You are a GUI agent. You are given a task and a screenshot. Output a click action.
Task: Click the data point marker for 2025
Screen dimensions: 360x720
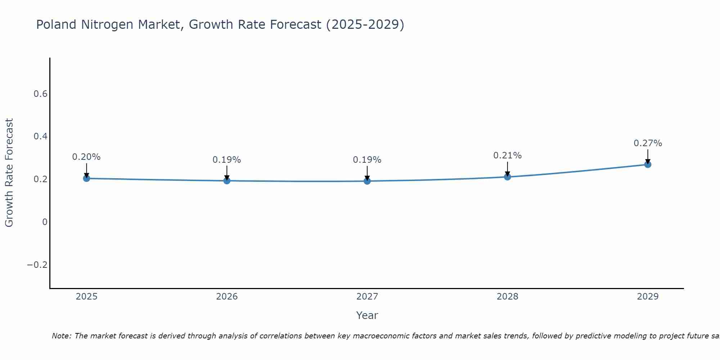pos(86,178)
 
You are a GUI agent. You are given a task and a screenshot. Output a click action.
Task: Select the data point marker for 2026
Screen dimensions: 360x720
pos(227,180)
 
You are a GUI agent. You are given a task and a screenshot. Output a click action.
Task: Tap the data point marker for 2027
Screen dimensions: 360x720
pos(367,181)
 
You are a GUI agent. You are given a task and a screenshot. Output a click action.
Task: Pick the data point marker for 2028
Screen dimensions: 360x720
pos(507,177)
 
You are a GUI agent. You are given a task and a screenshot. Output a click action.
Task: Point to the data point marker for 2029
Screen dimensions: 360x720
pos(648,165)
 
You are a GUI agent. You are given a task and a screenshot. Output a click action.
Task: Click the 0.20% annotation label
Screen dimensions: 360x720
pos(86,157)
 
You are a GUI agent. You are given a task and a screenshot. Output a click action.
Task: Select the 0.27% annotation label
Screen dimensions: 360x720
pos(648,143)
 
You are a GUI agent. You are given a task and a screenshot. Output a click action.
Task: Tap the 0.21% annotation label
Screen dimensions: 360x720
pos(507,156)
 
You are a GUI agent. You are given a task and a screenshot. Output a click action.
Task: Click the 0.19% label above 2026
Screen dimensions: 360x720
pos(227,160)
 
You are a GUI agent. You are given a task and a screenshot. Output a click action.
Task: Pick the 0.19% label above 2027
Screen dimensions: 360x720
pos(367,160)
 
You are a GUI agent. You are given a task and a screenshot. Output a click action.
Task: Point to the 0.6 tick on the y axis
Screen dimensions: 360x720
pos(40,94)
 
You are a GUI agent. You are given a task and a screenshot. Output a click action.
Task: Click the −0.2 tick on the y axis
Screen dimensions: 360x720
pos(37,265)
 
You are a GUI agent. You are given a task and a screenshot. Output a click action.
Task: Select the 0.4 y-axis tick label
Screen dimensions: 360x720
pos(40,136)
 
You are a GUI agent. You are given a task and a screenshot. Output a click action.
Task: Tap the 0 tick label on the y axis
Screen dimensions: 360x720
pos(45,222)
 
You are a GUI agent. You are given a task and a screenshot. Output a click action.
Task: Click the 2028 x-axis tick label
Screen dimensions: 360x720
pos(507,297)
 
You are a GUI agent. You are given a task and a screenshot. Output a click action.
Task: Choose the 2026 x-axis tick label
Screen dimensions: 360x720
pos(227,297)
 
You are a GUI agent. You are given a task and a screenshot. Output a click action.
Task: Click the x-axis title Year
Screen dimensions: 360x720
pos(367,316)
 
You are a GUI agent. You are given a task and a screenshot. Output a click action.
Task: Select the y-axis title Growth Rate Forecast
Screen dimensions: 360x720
pos(9,173)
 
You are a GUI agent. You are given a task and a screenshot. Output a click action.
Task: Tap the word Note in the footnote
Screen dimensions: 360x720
pos(61,336)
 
